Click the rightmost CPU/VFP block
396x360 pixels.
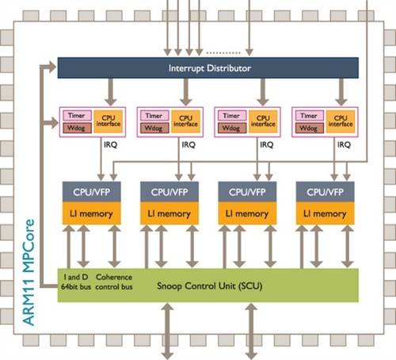point(323,192)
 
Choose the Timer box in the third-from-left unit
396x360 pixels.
point(230,116)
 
